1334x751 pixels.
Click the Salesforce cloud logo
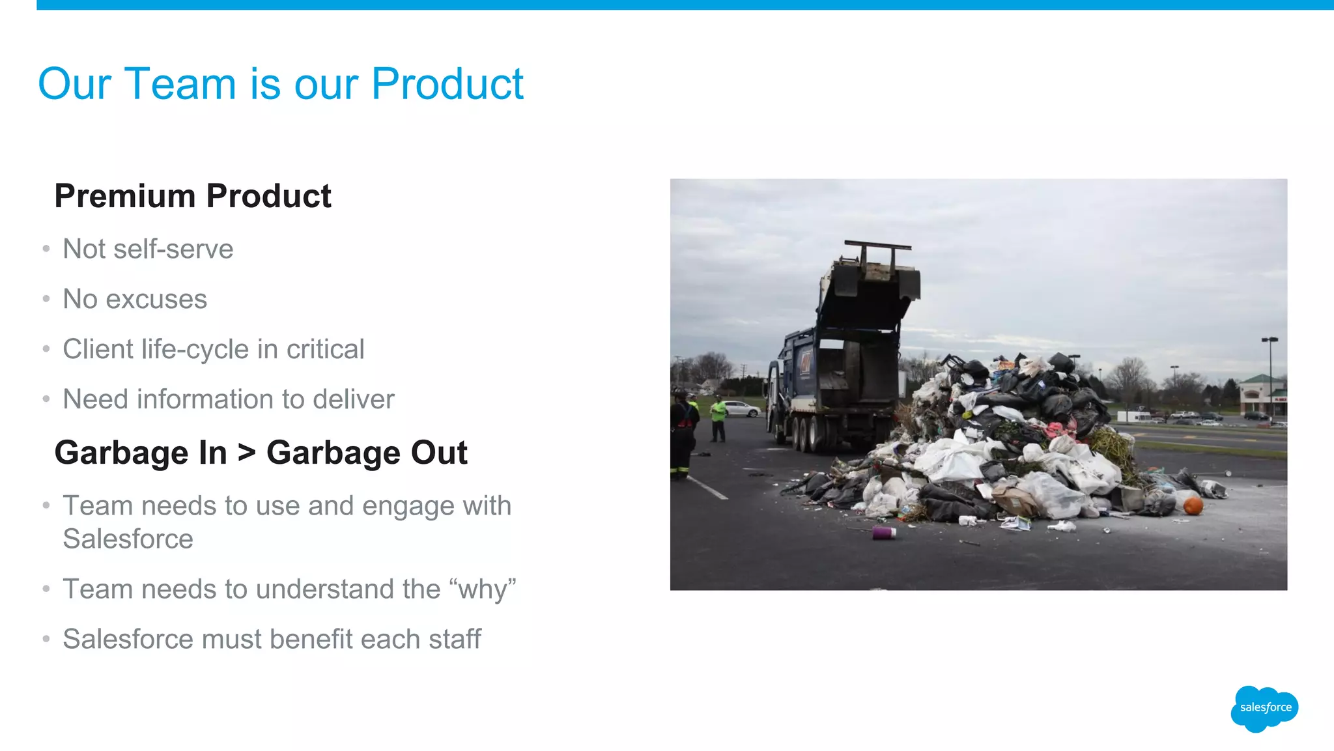click(1264, 708)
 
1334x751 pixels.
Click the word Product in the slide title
click(447, 84)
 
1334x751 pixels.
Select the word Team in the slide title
click(180, 84)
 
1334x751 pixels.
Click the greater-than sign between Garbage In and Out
click(247, 452)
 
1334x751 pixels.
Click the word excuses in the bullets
click(156, 300)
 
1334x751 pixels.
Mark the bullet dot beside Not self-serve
click(46, 249)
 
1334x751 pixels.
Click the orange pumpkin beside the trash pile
click(1193, 505)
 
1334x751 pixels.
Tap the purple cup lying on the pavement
click(884, 533)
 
